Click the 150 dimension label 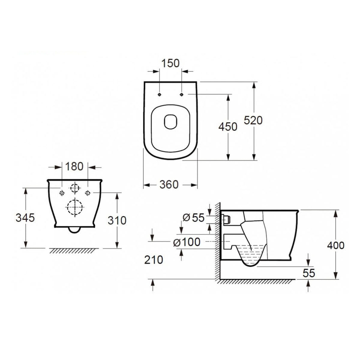(170, 63)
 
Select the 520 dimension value (253, 120)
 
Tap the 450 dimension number (228, 127)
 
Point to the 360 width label (169, 184)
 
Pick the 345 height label (25, 218)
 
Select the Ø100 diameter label (187, 242)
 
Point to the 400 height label (335, 245)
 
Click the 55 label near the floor (309, 273)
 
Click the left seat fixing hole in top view (159, 95)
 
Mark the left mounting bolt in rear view (62, 192)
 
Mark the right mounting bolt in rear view (88, 192)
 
